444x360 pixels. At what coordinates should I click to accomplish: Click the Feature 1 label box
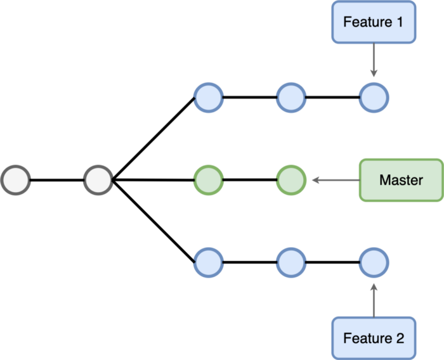(x=373, y=22)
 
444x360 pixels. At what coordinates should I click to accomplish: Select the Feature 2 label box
(x=373, y=338)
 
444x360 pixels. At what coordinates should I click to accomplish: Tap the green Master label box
(x=401, y=180)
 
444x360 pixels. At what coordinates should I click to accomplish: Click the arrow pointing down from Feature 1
(x=374, y=61)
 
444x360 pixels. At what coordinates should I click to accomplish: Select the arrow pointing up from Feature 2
(x=374, y=299)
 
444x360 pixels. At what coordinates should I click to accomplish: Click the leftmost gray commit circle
(x=16, y=180)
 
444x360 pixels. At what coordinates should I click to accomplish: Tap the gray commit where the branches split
(x=98, y=180)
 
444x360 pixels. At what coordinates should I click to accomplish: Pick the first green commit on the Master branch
(x=208, y=180)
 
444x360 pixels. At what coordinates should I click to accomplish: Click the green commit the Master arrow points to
(x=291, y=180)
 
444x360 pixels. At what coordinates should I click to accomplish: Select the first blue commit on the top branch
(x=208, y=98)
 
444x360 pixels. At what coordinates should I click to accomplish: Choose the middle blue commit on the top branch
(x=291, y=98)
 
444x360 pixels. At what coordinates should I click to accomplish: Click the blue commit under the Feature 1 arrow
(x=374, y=98)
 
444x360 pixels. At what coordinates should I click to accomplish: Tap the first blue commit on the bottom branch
(x=208, y=261)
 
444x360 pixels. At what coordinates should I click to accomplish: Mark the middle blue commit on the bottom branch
(x=291, y=261)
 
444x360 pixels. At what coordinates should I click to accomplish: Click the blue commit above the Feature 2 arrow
(x=374, y=261)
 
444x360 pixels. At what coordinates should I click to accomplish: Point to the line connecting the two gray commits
(x=57, y=180)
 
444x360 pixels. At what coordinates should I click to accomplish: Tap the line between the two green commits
(x=249, y=180)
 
